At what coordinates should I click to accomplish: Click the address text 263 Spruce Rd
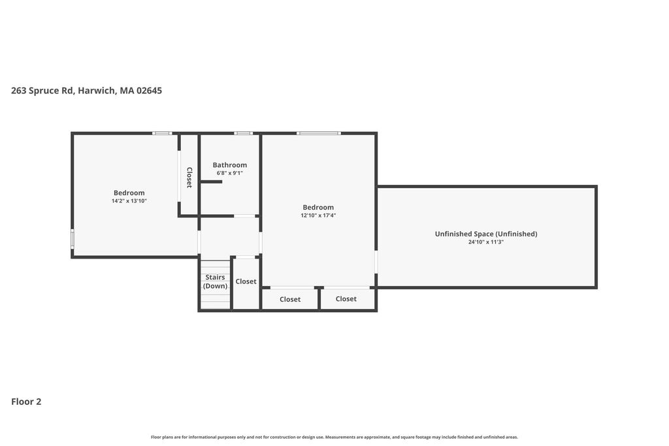[x=42, y=90]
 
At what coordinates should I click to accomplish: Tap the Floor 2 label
[x=26, y=402]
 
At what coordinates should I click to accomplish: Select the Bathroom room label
[x=229, y=165]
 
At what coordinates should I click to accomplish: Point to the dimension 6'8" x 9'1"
[x=229, y=173]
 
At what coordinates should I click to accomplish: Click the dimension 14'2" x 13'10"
[x=129, y=201]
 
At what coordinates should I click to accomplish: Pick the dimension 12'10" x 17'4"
[x=318, y=215]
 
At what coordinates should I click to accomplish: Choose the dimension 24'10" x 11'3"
[x=486, y=242]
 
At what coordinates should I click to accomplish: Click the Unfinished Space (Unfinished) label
[x=486, y=234]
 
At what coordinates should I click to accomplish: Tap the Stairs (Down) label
[x=215, y=281]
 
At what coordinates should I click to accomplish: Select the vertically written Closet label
[x=189, y=178]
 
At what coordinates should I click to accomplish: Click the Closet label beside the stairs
[x=246, y=281]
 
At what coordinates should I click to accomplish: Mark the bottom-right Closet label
[x=346, y=299]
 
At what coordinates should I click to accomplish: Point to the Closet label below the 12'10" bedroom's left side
[x=290, y=299]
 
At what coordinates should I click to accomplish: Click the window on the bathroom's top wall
[x=243, y=133]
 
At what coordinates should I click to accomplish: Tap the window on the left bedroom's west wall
[x=73, y=239]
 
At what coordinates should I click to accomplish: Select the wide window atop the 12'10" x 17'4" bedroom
[x=319, y=133]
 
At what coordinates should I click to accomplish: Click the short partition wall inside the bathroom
[x=211, y=182]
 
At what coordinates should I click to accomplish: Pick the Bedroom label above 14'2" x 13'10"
[x=129, y=193]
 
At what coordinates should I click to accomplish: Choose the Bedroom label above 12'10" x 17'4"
[x=318, y=207]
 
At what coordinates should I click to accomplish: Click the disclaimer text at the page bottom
[x=334, y=437]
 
